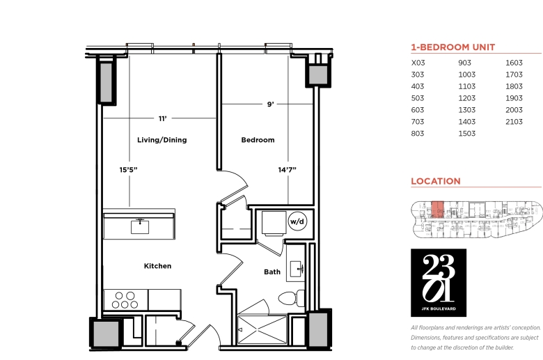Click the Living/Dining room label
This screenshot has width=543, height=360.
162,140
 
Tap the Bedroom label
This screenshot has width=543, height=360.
258,140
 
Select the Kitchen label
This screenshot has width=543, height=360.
157,266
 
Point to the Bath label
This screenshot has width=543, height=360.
271,272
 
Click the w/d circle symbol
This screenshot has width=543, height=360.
297,221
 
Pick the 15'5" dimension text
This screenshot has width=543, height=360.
128,170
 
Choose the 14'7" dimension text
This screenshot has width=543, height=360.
287,170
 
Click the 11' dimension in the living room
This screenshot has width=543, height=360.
162,118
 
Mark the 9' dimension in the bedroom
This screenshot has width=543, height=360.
271,104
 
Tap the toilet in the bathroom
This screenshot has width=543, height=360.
291,298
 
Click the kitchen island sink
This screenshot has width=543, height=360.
140,226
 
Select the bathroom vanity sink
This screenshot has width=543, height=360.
297,269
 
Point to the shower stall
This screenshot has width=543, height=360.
262,329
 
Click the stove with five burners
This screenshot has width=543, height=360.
125,299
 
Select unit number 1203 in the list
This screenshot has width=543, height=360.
467,98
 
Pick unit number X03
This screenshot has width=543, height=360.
418,63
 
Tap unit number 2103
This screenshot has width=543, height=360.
514,122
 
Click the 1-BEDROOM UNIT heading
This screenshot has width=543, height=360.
453,47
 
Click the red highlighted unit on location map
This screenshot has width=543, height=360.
437,210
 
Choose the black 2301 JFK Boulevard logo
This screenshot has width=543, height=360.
439,283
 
